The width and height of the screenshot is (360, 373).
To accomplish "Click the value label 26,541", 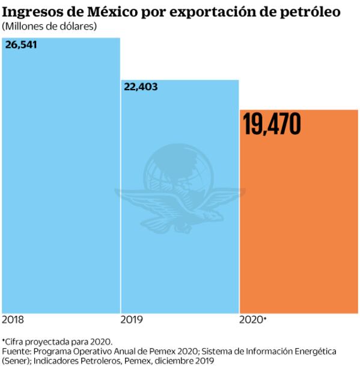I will coord(21,45).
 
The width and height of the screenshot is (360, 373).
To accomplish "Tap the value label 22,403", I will coord(141,87).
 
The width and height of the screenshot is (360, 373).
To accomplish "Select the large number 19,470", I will coord(272,124).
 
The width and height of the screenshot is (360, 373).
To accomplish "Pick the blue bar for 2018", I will coord(60,180).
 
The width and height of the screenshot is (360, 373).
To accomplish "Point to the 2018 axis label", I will coord(13,319).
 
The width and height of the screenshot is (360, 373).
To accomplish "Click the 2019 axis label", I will coord(132,319).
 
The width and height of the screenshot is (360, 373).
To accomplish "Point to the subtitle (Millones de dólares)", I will coord(49,26).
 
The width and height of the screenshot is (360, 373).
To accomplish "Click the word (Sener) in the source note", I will coord(17,360).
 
